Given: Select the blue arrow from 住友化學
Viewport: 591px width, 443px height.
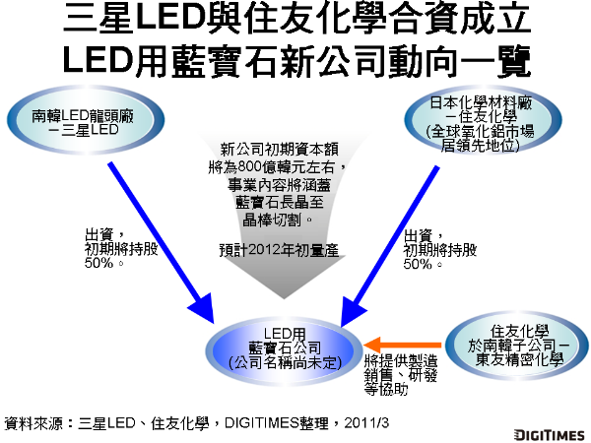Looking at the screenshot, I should pyautogui.click(x=395, y=236).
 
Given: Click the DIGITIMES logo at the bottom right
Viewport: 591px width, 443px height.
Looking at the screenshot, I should pyautogui.click(x=548, y=433).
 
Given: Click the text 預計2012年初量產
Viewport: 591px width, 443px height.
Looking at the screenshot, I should pyautogui.click(x=279, y=250).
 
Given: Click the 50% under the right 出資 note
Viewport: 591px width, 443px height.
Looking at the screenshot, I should pyautogui.click(x=420, y=264).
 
